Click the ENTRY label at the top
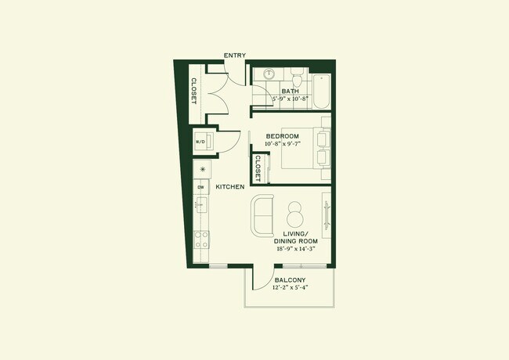point(235,55)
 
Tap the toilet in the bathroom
point(298,80)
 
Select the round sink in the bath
point(269,74)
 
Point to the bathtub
point(320,88)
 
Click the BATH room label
point(291,91)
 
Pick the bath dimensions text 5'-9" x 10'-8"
point(291,99)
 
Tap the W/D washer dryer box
point(200,142)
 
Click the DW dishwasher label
point(200,187)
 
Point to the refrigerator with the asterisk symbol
point(203,169)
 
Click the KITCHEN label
point(230,187)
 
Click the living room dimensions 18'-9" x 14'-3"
point(295,248)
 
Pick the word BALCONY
point(290,280)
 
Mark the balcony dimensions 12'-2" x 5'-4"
point(290,288)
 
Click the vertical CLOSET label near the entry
point(193,91)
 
